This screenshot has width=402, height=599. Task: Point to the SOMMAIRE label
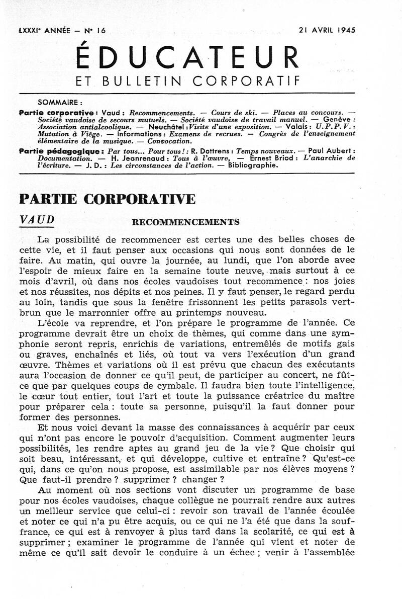(60, 101)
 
